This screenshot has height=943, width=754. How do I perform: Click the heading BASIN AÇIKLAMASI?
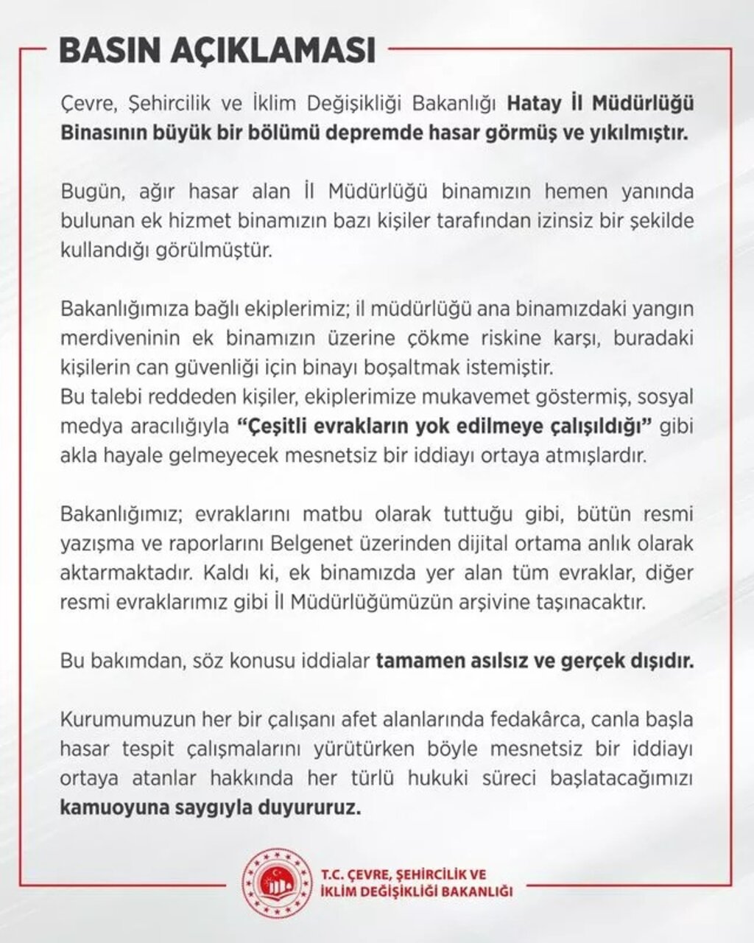pos(217,52)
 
